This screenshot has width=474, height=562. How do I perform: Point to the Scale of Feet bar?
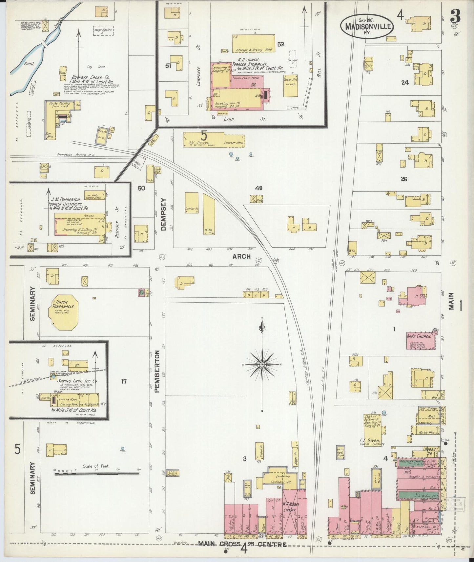97,473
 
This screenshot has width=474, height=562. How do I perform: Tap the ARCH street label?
241,256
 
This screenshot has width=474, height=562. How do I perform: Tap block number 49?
258,188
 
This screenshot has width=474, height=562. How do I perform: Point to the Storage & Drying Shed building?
254,43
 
